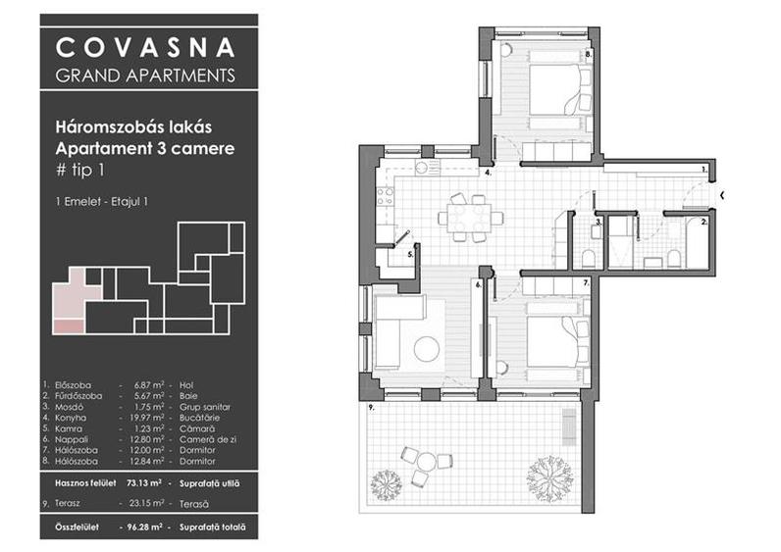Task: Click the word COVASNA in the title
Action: [145, 47]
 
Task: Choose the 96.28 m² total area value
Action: [138, 529]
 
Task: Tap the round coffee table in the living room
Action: [427, 348]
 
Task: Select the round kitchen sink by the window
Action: [423, 168]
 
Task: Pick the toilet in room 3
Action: [588, 258]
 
